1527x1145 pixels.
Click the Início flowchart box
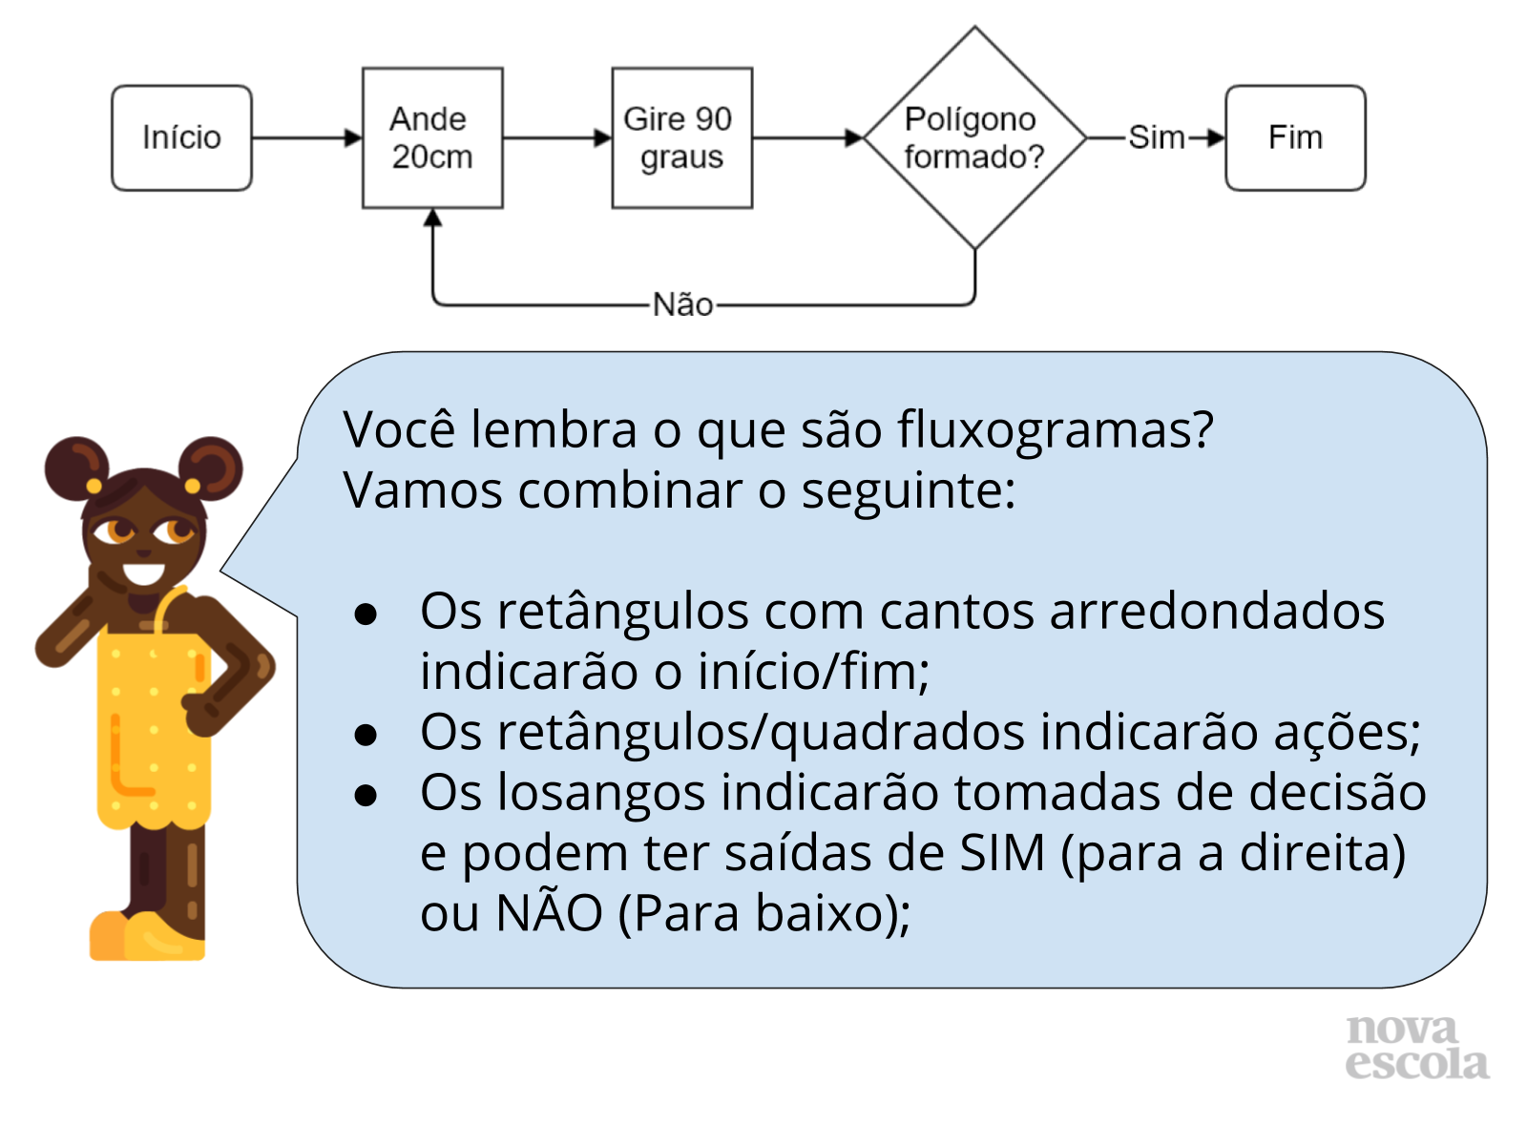pyautogui.click(x=181, y=138)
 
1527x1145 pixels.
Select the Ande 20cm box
pyautogui.click(x=432, y=138)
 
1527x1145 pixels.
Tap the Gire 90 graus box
pyautogui.click(x=681, y=138)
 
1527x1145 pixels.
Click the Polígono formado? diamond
pyautogui.click(x=974, y=138)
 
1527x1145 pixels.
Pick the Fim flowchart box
pyautogui.click(x=1295, y=138)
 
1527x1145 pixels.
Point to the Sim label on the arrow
pyautogui.click(x=1156, y=138)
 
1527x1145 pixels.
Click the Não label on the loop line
pyautogui.click(x=682, y=305)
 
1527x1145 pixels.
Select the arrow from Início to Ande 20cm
pyautogui.click(x=306, y=138)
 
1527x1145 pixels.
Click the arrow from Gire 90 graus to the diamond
pyautogui.click(x=807, y=138)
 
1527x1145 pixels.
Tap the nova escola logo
pyautogui.click(x=1416, y=1048)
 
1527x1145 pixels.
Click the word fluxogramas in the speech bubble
pyautogui.click(x=1055, y=430)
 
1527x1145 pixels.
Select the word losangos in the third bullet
pyautogui.click(x=603, y=794)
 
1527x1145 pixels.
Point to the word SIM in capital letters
pyautogui.click(x=1002, y=854)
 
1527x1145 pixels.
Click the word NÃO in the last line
pyautogui.click(x=549, y=913)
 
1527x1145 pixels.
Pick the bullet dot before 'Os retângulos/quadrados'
pyautogui.click(x=366, y=735)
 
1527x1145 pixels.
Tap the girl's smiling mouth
pyautogui.click(x=144, y=574)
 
